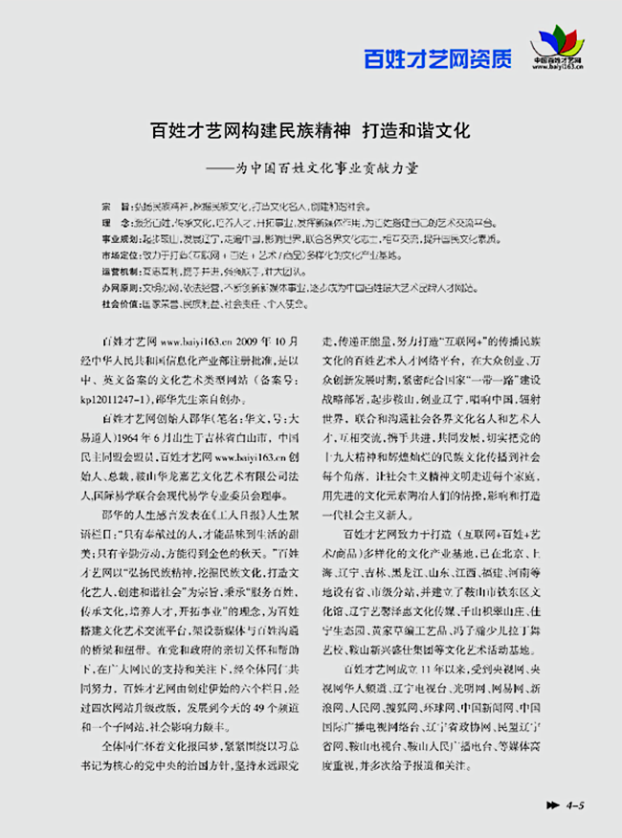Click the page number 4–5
click(x=576, y=805)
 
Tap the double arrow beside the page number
click(x=552, y=805)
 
